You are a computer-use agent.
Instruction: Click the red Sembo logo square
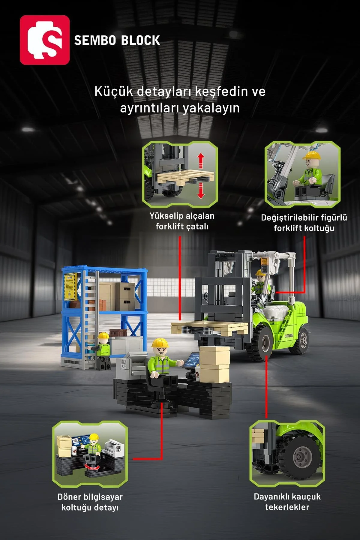45,40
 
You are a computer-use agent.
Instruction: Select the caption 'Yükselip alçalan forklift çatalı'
182,221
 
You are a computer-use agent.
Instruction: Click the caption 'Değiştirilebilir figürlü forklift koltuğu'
304,223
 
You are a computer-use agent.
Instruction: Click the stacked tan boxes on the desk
214,364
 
